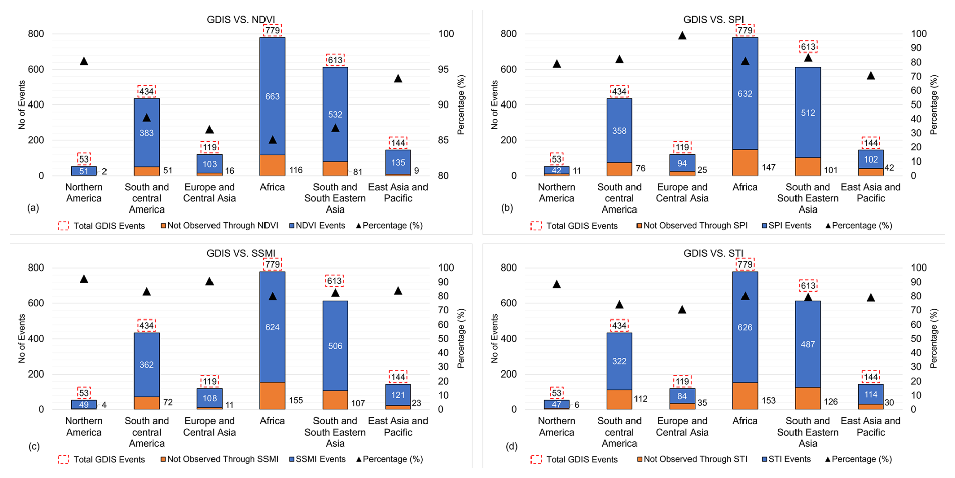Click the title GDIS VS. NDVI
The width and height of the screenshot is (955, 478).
(x=241, y=20)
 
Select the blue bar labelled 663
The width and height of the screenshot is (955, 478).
(x=272, y=96)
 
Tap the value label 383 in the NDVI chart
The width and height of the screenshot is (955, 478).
(x=146, y=133)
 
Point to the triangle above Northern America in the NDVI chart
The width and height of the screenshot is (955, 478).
(x=84, y=61)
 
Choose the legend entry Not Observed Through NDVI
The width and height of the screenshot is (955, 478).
(x=220, y=225)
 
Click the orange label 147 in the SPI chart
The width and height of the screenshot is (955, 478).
(x=768, y=167)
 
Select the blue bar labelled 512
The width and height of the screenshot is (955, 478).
(x=808, y=112)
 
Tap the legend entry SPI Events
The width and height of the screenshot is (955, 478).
(x=786, y=225)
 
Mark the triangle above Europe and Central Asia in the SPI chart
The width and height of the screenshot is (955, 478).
(x=682, y=36)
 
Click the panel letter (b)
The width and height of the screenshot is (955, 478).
(x=507, y=207)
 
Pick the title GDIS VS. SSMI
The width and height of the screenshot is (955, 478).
(x=241, y=253)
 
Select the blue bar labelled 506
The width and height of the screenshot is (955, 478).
(x=335, y=346)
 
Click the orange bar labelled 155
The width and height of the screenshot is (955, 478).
(x=272, y=396)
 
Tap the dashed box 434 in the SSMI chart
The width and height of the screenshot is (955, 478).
(x=146, y=325)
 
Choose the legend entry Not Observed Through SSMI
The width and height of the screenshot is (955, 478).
(x=220, y=459)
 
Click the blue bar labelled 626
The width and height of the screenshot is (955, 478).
(x=745, y=327)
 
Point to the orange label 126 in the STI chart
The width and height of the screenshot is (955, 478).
(x=831, y=402)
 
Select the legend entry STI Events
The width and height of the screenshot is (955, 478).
(x=786, y=459)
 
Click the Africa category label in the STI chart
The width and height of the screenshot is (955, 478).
(x=745, y=421)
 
